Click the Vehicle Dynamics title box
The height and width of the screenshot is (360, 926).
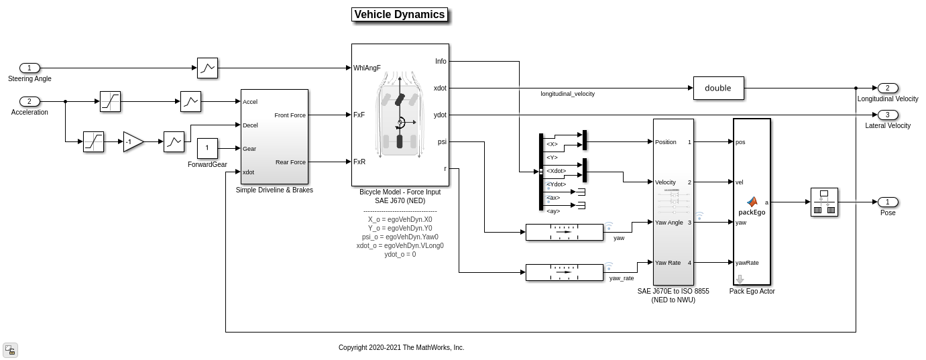point(400,15)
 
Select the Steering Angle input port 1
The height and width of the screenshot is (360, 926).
point(30,68)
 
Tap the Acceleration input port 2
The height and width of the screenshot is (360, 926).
point(30,101)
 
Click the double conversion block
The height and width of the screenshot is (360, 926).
point(717,88)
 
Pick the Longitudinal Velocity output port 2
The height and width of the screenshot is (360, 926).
point(887,88)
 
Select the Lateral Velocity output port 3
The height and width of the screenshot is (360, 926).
point(887,115)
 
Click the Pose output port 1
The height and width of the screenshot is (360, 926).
point(887,202)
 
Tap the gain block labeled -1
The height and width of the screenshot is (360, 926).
point(132,141)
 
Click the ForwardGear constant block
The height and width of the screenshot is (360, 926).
point(207,148)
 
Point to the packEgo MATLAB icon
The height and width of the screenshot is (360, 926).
point(752,202)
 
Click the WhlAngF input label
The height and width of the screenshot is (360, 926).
point(367,68)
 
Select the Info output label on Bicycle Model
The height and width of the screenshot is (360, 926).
point(441,61)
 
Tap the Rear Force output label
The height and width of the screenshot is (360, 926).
point(290,162)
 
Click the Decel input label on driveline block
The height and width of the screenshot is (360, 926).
point(250,125)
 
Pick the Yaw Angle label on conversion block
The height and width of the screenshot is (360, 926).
point(669,223)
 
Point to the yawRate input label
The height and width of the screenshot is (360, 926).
point(747,263)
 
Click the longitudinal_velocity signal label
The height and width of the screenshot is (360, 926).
point(567,94)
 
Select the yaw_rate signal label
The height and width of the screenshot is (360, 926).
point(621,278)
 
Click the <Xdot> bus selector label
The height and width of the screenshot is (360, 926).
point(556,171)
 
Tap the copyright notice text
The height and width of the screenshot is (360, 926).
point(401,347)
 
